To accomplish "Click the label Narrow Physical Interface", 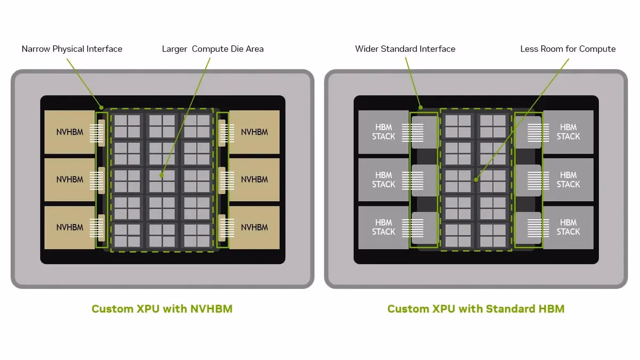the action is [72, 49].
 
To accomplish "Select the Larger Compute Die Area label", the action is [213, 49].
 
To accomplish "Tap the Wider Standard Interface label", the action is [405, 49].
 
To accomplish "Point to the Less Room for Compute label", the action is [568, 49].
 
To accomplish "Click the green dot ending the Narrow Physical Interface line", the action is [101, 108].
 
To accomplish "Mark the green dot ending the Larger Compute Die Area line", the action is [162, 175].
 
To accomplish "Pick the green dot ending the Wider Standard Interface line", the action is [421, 108].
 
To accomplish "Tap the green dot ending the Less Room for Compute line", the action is [476, 180].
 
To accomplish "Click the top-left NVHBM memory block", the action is [70, 132].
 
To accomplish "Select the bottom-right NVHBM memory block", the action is [254, 227].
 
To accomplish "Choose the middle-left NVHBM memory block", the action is [70, 180].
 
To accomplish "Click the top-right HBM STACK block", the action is [569, 132].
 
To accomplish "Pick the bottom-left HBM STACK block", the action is [383, 227].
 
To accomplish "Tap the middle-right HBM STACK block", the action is [569, 180].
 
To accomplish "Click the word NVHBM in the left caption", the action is [211, 309].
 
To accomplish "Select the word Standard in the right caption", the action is [510, 309].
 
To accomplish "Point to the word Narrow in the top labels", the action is [36, 49].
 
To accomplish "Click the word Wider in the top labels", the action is [367, 49].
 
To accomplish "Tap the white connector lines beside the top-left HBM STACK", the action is [413, 133].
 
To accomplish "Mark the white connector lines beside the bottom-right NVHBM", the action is [227, 228].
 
